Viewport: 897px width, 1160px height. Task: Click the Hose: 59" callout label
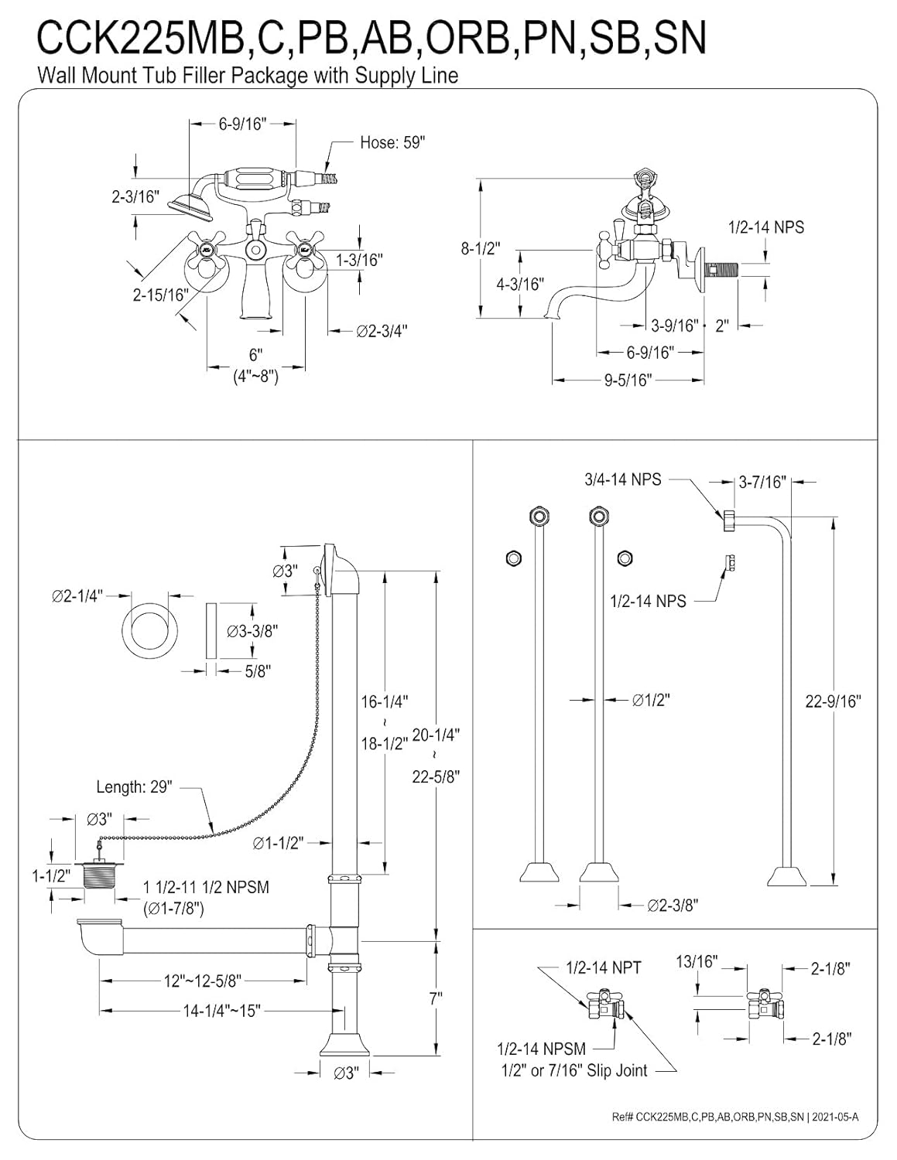tap(392, 142)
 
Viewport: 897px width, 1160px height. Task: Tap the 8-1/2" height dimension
tap(481, 249)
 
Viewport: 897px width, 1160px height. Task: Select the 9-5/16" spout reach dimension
tap(628, 380)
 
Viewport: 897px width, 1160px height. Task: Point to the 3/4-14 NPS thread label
tap(622, 479)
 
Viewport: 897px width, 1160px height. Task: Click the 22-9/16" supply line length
tap(834, 701)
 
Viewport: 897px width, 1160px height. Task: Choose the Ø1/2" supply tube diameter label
tap(651, 700)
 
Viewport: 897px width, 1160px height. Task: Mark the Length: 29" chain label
tap(134, 786)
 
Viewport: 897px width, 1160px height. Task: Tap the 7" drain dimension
tap(436, 999)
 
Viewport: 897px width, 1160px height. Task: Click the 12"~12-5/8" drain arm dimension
tap(203, 981)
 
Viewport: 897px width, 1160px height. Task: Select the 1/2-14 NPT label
tap(603, 967)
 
